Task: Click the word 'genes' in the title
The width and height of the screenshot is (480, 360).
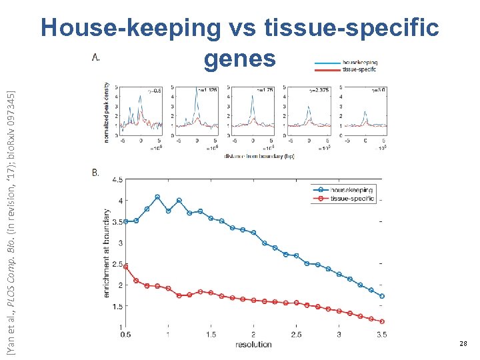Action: [239, 59]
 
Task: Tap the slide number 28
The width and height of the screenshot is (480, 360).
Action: [463, 343]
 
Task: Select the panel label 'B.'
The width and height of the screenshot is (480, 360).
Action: [95, 173]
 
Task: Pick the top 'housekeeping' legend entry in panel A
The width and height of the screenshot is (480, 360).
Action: [359, 62]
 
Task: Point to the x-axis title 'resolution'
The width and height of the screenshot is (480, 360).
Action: [253, 345]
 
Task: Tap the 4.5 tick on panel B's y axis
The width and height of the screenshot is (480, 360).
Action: [117, 179]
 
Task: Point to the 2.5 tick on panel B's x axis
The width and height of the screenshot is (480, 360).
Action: [296, 335]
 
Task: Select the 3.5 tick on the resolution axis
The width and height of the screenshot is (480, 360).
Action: [381, 335]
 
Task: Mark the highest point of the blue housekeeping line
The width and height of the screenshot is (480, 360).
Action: [157, 197]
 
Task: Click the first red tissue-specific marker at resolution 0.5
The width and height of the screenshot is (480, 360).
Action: [126, 267]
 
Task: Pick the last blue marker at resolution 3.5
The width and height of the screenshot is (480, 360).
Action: [382, 296]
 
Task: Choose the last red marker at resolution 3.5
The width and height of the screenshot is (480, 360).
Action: [382, 321]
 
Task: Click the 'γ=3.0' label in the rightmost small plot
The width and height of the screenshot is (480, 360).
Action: [378, 89]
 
